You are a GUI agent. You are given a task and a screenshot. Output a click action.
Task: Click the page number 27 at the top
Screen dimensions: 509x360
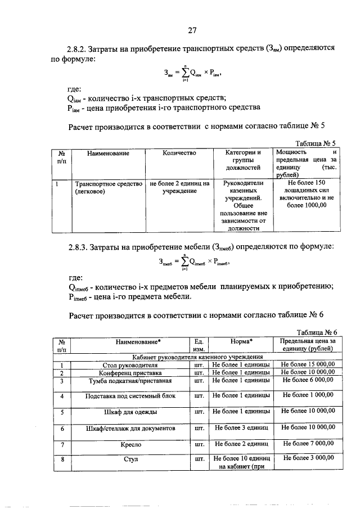tap(192, 30)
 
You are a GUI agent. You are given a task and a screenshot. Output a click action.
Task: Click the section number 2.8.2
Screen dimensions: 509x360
tap(81, 49)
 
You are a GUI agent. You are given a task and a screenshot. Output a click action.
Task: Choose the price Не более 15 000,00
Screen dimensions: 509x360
tap(308, 364)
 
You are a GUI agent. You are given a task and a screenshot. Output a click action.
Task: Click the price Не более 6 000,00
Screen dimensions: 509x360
tap(308, 380)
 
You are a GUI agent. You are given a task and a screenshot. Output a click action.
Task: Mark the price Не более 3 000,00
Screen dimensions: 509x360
tap(308, 459)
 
